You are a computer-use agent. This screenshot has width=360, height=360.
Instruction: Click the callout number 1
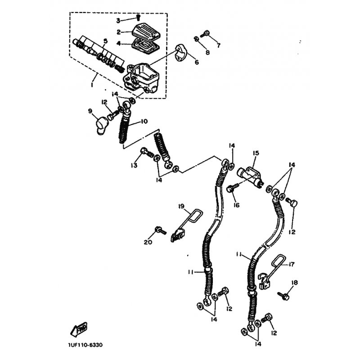92,85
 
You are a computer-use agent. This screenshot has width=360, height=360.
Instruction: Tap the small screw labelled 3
138,17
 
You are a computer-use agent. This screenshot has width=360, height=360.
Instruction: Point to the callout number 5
105,41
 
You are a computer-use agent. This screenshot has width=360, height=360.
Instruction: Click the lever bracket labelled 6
181,53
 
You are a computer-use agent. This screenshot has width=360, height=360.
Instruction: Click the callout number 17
291,265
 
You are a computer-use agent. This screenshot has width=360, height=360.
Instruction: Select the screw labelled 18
283,295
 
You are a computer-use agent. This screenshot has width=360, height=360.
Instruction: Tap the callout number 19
181,207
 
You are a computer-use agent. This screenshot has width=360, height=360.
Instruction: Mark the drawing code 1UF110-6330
85,345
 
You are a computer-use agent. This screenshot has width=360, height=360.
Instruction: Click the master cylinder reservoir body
142,78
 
